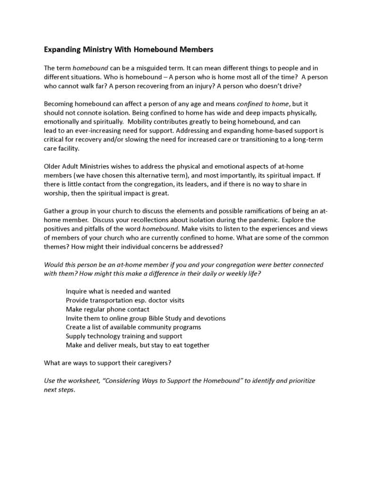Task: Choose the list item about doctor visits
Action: click(x=125, y=300)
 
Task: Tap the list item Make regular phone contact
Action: click(x=108, y=309)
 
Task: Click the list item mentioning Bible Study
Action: click(x=146, y=318)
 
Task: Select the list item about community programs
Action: click(x=133, y=327)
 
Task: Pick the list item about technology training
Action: click(x=124, y=336)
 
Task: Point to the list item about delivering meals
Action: click(x=138, y=345)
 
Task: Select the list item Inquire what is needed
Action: click(x=118, y=291)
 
